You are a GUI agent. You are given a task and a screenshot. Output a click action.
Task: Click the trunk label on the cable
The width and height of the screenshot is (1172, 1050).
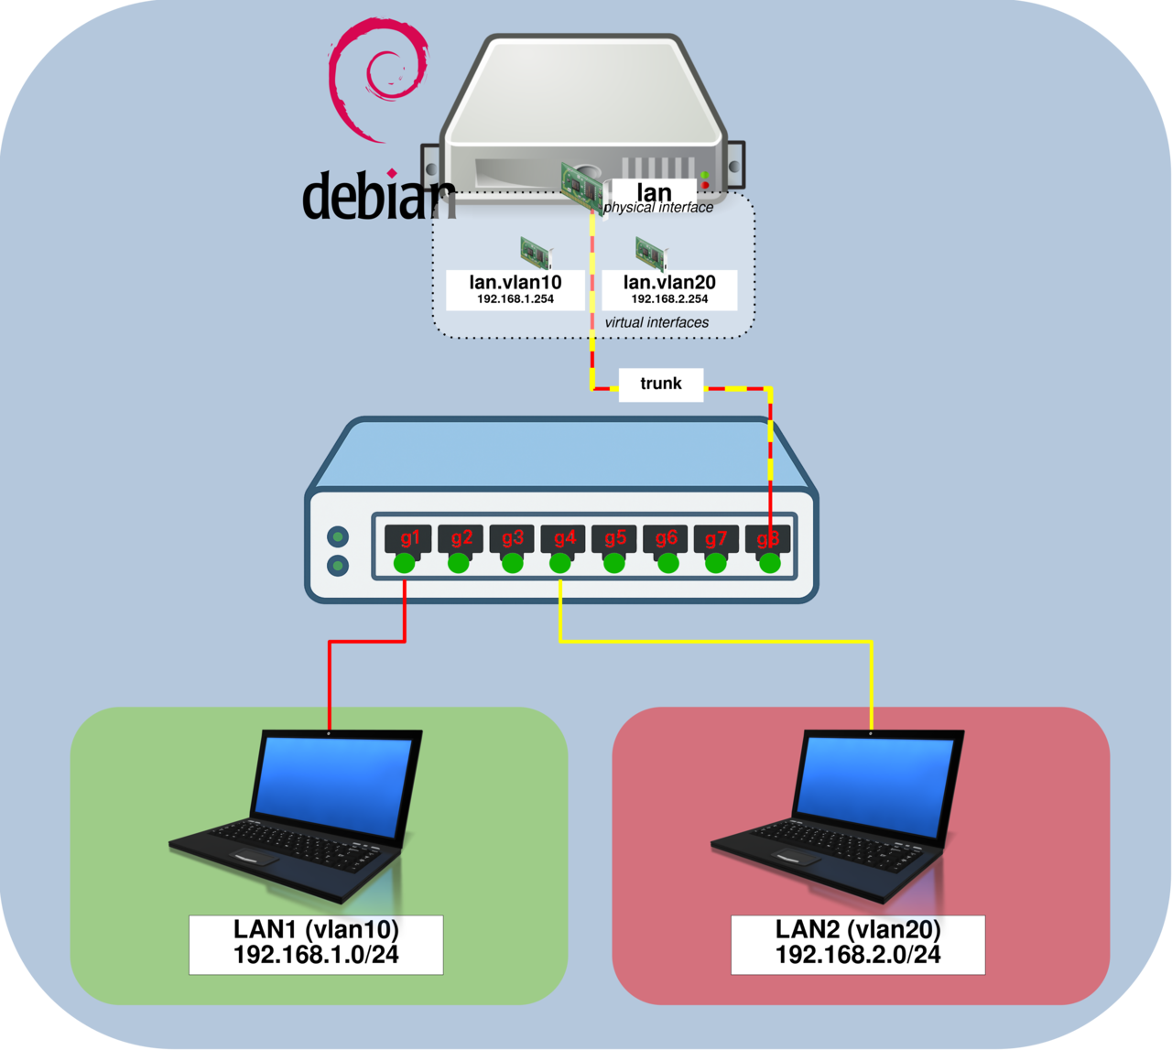tap(661, 384)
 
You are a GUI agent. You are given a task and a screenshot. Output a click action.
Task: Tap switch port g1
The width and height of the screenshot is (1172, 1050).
tap(409, 538)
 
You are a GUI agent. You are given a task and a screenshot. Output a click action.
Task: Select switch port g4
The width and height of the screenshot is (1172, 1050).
tap(563, 538)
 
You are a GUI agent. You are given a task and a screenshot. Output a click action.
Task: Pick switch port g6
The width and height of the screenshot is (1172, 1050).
tap(666, 538)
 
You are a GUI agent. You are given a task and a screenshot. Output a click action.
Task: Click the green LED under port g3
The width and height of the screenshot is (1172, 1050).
tap(512, 563)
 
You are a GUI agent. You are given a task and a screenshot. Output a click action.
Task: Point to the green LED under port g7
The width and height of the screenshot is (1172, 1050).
tap(716, 563)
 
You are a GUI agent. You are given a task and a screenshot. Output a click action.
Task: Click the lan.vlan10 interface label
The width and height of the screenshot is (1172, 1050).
tap(515, 282)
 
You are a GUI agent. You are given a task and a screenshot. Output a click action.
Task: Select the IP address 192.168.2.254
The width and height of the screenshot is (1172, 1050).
tap(669, 299)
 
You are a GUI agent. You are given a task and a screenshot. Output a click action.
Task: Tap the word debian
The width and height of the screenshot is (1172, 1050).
tap(377, 197)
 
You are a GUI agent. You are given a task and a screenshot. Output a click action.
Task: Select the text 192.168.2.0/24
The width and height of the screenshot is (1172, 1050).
tap(858, 955)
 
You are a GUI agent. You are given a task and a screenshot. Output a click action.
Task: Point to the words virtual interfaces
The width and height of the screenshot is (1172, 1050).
tap(657, 322)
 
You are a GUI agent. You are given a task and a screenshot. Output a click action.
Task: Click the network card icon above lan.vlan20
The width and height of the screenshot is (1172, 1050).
tap(649, 253)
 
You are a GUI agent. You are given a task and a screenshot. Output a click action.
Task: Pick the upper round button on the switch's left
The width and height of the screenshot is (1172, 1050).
tap(338, 536)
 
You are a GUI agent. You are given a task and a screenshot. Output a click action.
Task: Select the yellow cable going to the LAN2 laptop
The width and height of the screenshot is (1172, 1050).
tap(714, 642)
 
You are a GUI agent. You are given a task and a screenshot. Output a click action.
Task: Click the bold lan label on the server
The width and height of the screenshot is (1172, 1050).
tap(654, 192)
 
